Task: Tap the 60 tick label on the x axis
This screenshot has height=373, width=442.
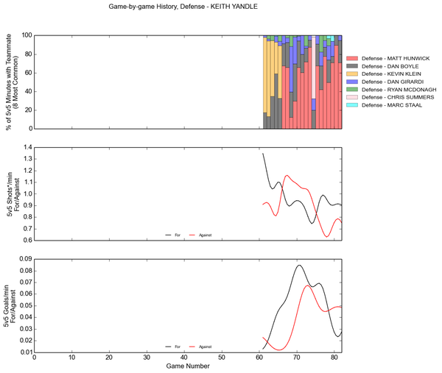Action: click(259, 358)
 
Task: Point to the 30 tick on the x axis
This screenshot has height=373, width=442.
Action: click(147, 358)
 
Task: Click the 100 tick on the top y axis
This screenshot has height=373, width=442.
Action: click(25, 35)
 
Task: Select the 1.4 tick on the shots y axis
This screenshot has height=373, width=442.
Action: click(27, 147)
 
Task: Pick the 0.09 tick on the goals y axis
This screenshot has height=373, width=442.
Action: click(25, 259)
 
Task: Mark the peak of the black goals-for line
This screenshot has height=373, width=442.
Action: click(299, 266)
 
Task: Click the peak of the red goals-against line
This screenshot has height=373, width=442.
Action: click(308, 285)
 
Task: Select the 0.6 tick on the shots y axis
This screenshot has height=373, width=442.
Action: click(27, 241)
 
